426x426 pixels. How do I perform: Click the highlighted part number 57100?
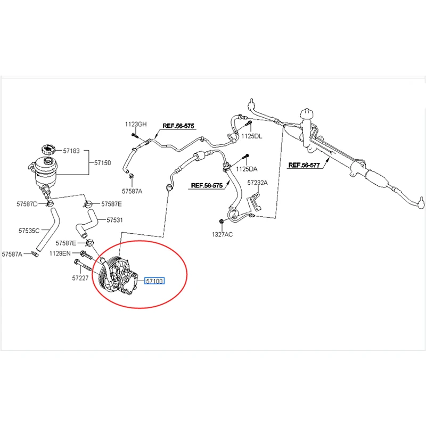[154, 281]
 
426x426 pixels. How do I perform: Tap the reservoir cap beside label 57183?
[49, 150]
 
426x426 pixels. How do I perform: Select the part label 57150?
[102, 163]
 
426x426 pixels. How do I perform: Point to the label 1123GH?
[136, 124]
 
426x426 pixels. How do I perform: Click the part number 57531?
[114, 220]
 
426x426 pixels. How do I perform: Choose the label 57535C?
[29, 231]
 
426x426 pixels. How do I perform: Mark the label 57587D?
[27, 204]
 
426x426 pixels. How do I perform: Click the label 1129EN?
[60, 253]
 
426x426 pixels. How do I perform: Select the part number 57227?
[80, 278]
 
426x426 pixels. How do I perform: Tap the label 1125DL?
[252, 136]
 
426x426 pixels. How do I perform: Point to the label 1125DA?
[247, 169]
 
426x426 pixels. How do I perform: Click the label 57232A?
[257, 183]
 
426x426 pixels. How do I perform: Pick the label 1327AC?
[222, 234]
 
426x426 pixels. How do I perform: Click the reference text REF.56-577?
[304, 165]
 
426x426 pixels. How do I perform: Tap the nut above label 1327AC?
[221, 221]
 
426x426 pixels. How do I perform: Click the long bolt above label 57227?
[83, 265]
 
